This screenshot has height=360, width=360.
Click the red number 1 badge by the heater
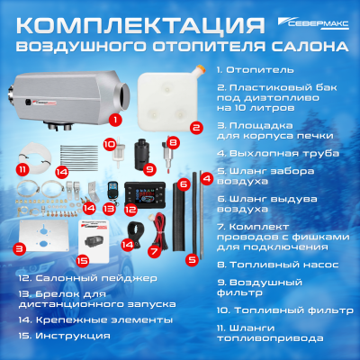pos(115,118)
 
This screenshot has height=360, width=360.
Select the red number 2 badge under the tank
pos(195,128)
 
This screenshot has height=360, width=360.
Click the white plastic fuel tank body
pos(184,95)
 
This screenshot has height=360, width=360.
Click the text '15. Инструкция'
pos(64,335)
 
